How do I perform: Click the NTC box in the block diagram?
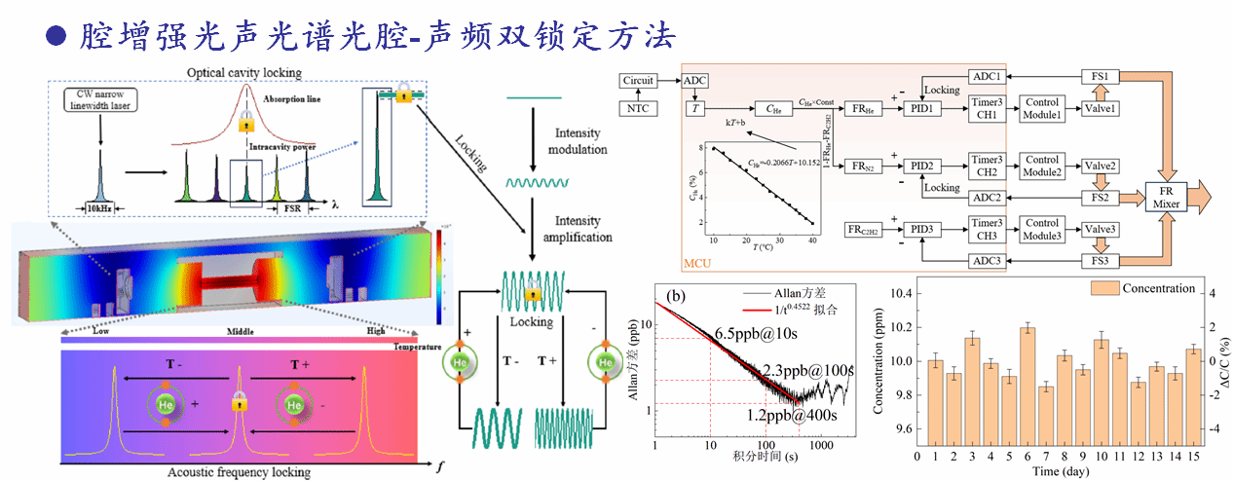coord(639,108)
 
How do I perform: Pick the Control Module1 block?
coord(1040,108)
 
